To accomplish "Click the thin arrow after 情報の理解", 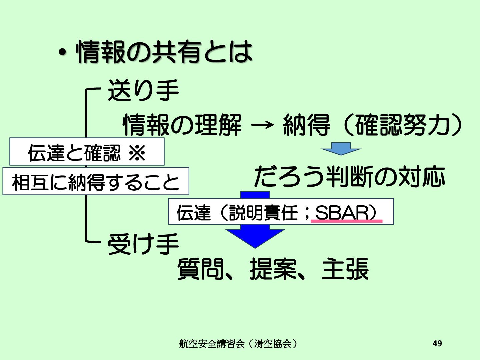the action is (x=263, y=125).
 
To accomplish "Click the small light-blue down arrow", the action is (x=341, y=149).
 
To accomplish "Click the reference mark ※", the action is (x=137, y=153).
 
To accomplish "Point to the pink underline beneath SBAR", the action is (x=347, y=221).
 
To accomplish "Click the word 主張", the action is (x=345, y=269).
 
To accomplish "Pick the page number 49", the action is (x=437, y=343).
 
